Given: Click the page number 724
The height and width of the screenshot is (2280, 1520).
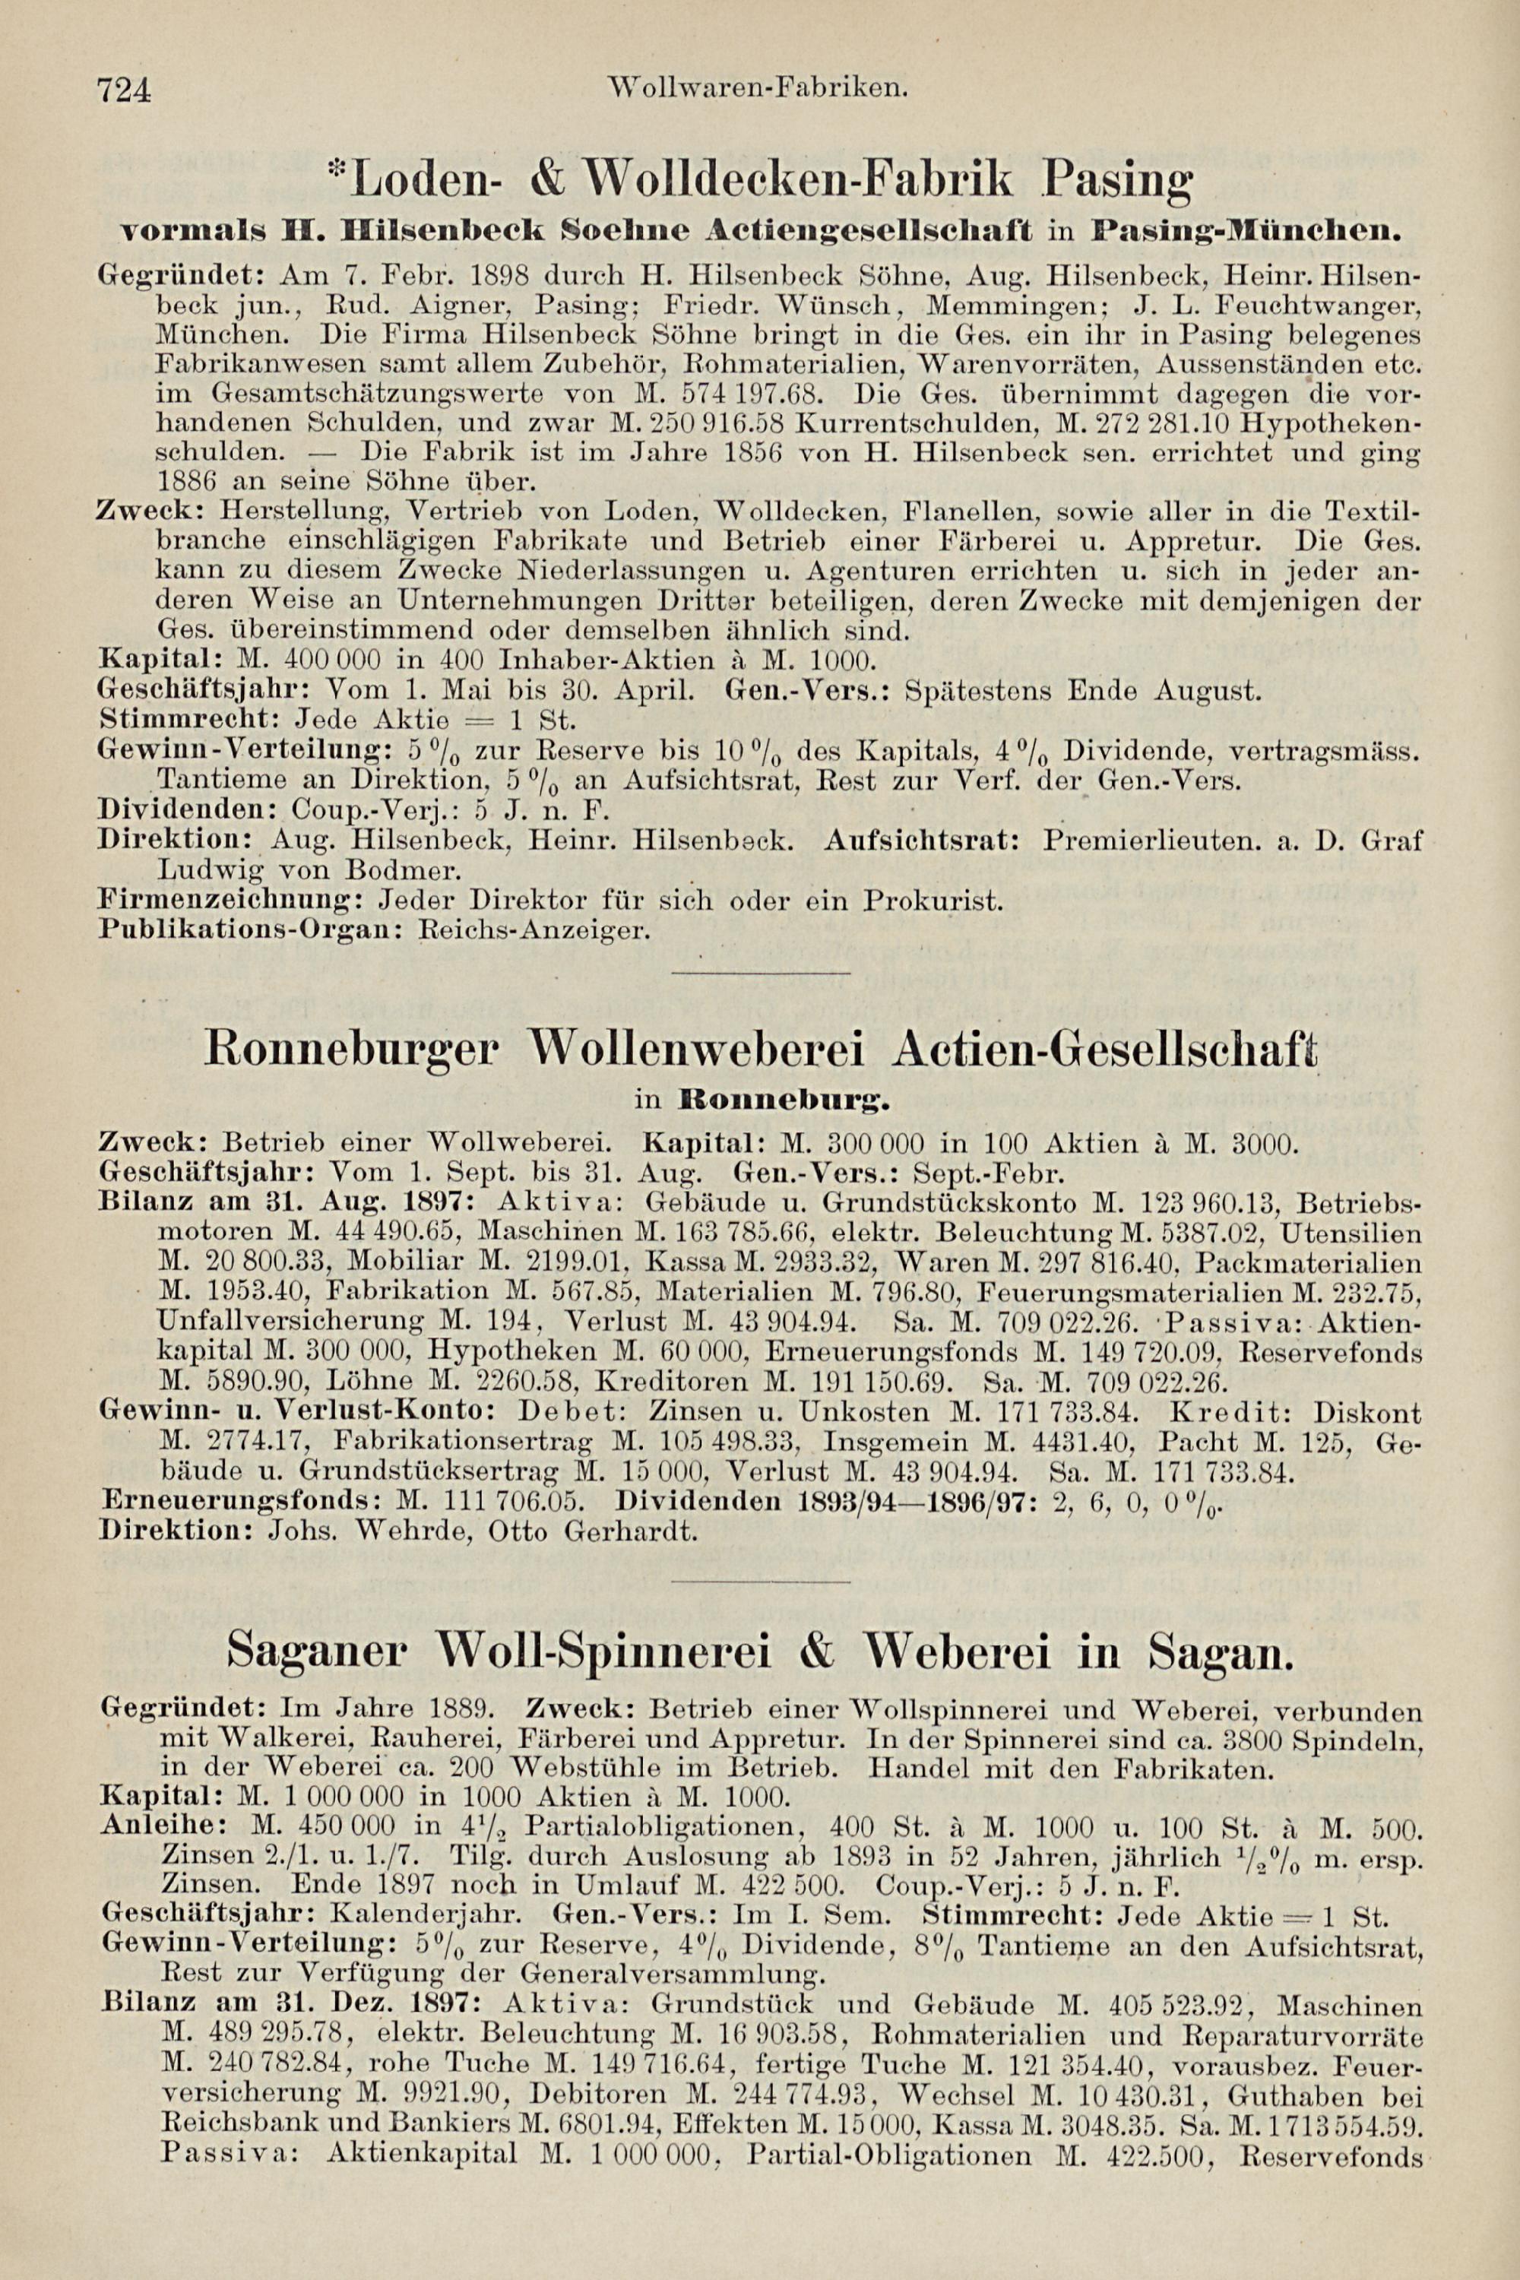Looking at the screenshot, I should (123, 90).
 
